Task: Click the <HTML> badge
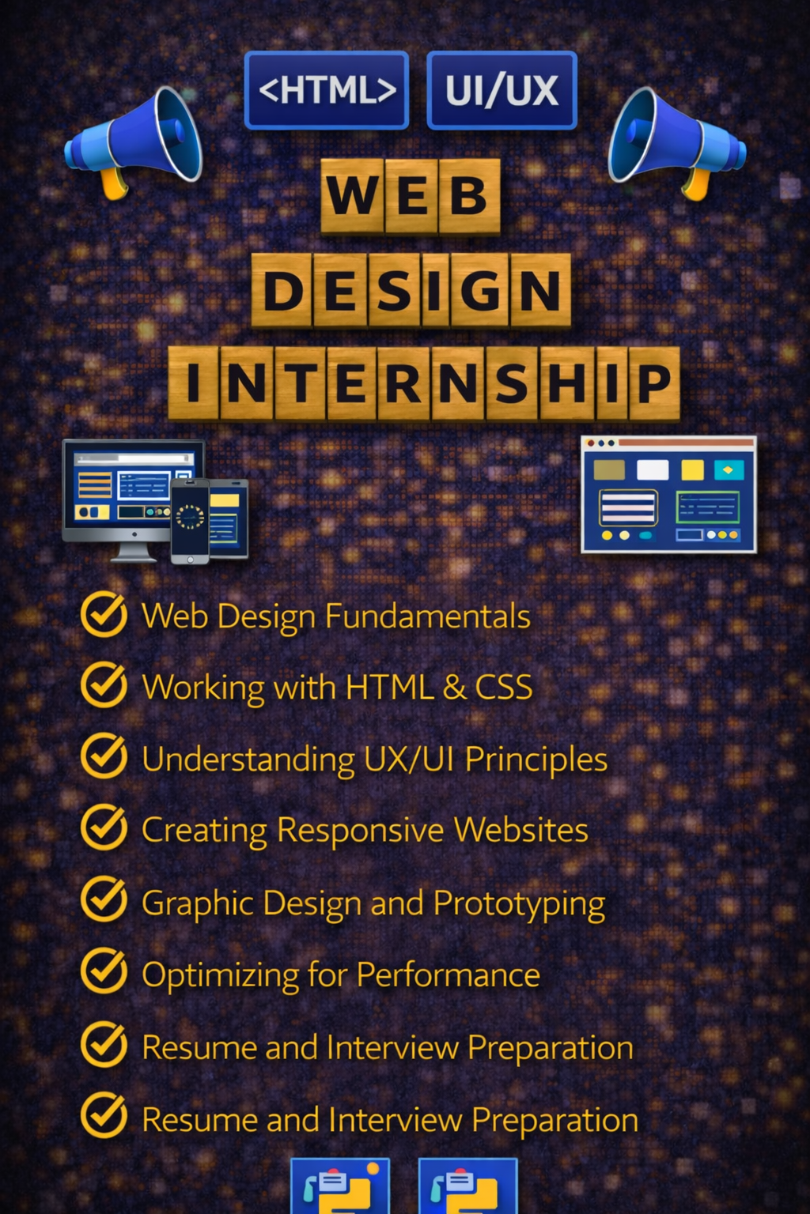click(x=327, y=90)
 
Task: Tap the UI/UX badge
click(x=502, y=90)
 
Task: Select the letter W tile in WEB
click(x=353, y=195)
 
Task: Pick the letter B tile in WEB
click(x=468, y=195)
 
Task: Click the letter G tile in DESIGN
click(x=479, y=290)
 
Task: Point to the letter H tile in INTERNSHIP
click(x=566, y=383)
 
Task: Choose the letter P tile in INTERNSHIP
click(x=653, y=383)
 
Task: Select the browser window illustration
click(x=668, y=494)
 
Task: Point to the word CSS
click(x=503, y=687)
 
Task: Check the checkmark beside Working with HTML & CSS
click(x=104, y=684)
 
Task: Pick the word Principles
click(x=536, y=759)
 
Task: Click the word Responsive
click(x=360, y=830)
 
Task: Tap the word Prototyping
click(x=519, y=903)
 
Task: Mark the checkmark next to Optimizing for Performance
click(x=104, y=971)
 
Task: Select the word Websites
click(x=520, y=830)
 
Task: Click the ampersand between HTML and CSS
click(x=454, y=687)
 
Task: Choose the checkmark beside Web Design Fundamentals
click(x=104, y=614)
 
